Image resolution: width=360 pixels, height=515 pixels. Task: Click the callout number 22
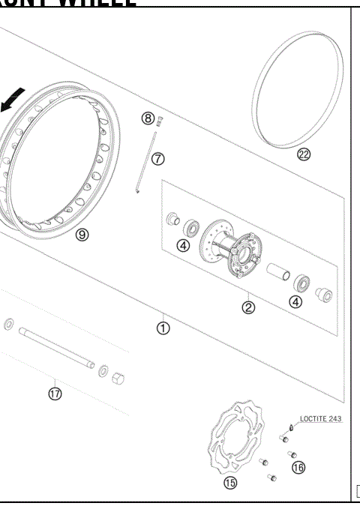click(x=304, y=155)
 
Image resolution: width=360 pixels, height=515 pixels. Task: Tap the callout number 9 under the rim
click(x=82, y=234)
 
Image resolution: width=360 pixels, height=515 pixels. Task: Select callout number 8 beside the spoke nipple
click(x=148, y=118)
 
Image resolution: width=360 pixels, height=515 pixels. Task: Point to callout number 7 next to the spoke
click(x=157, y=158)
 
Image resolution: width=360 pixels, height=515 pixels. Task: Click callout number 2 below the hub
click(x=248, y=307)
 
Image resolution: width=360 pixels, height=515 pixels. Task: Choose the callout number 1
click(x=163, y=328)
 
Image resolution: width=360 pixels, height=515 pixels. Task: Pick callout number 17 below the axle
click(x=55, y=392)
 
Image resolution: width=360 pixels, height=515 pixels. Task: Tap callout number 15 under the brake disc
click(x=229, y=482)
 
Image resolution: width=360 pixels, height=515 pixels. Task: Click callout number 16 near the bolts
click(x=298, y=468)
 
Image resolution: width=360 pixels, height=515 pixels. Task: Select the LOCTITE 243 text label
click(x=320, y=419)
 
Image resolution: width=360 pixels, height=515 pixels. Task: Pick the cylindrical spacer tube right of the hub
click(x=277, y=271)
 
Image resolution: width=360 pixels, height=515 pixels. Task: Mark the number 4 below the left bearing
click(x=183, y=245)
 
